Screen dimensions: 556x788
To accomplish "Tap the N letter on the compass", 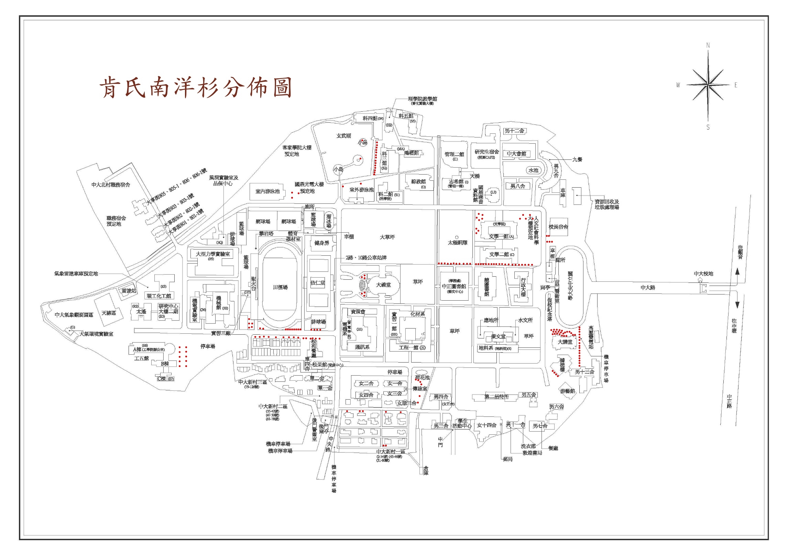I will point(708,45).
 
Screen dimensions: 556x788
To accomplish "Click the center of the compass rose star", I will point(708,85).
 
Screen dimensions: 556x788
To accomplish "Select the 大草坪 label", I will point(387,237).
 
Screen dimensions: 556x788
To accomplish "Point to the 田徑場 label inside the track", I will point(280,287).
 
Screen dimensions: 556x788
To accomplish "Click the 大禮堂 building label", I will point(383,285).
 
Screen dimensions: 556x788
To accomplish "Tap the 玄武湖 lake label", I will point(343,136).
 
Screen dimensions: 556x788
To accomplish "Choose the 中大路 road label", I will point(648,288).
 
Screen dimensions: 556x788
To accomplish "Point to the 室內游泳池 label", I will point(267,191).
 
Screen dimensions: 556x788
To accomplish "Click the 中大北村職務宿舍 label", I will point(111,185).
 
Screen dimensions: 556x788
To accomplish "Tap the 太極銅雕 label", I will point(457,243).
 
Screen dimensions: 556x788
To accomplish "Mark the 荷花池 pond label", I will point(422,377).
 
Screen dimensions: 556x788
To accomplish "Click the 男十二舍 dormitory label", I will point(514,131).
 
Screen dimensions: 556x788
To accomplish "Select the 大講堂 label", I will point(565,342).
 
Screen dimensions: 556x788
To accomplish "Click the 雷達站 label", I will point(129,291).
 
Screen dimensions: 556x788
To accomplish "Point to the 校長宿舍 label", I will point(558,227).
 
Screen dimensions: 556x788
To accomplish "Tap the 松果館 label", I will point(319,365).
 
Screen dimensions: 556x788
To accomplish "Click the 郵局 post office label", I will point(507,459).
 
